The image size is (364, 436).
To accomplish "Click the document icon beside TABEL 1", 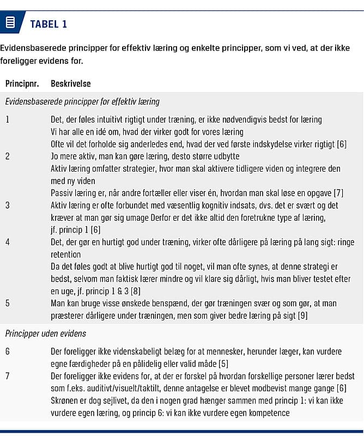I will click(10, 23).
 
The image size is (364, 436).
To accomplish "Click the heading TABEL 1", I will click(48, 24).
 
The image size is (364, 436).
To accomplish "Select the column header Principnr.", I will click(22, 84).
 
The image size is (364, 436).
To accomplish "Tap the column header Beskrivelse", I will click(70, 84).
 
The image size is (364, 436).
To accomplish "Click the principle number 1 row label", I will click(7, 119).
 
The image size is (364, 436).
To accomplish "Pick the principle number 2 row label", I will click(7, 156).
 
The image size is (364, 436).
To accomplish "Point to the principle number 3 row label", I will click(7, 205).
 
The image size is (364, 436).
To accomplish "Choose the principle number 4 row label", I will click(7, 242).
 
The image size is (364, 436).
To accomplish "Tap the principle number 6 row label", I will click(7, 352).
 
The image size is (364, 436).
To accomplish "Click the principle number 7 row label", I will click(7, 376).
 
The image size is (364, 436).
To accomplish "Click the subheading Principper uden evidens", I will click(45, 333).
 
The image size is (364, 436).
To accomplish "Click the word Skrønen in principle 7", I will click(64, 401).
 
